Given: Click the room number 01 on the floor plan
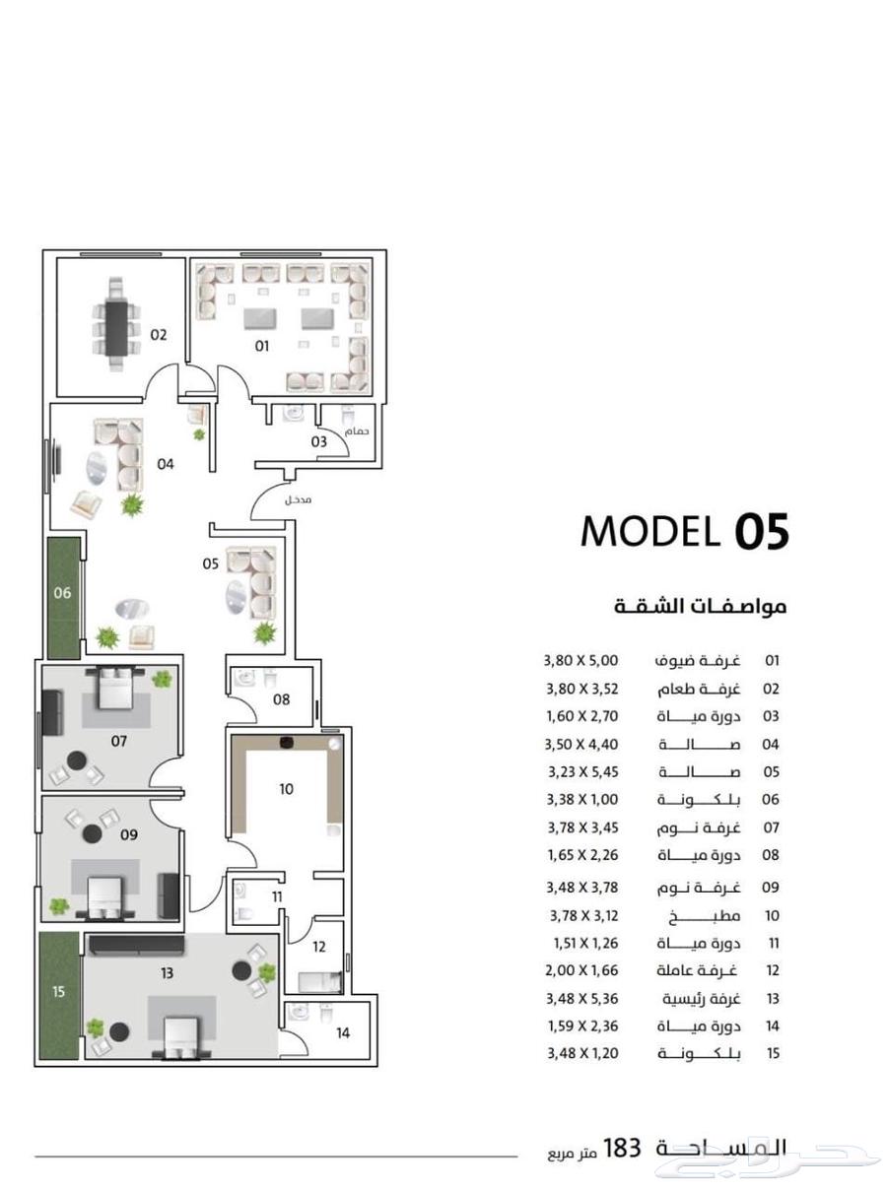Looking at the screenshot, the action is tap(261, 347).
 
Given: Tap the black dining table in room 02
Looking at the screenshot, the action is tap(116, 329).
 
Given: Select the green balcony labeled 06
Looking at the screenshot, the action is tap(63, 598).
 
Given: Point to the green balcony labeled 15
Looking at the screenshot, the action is tap(60, 996).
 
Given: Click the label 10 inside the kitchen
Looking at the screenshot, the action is tap(287, 789).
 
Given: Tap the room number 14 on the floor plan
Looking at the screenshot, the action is tap(343, 1032).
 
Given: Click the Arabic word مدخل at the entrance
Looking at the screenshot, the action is tap(299, 499).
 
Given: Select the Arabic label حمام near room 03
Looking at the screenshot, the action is tap(356, 431).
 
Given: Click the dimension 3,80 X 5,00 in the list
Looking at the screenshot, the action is tap(580, 660).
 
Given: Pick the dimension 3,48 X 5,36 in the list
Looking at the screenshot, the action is tap(582, 999).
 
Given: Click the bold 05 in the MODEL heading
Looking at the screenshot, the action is tap(762, 531).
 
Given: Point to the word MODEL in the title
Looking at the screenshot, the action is tap(649, 531).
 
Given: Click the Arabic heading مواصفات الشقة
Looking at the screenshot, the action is tap(700, 606).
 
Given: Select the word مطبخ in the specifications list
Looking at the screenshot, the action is tap(705, 916).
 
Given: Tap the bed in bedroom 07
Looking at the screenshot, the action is tap(115, 688).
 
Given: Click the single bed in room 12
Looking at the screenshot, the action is tap(319, 982).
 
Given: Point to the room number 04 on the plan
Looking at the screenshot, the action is tap(166, 464).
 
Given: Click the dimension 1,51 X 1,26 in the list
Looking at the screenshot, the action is tap(586, 944).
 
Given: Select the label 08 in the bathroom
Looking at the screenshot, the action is tap(282, 699).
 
